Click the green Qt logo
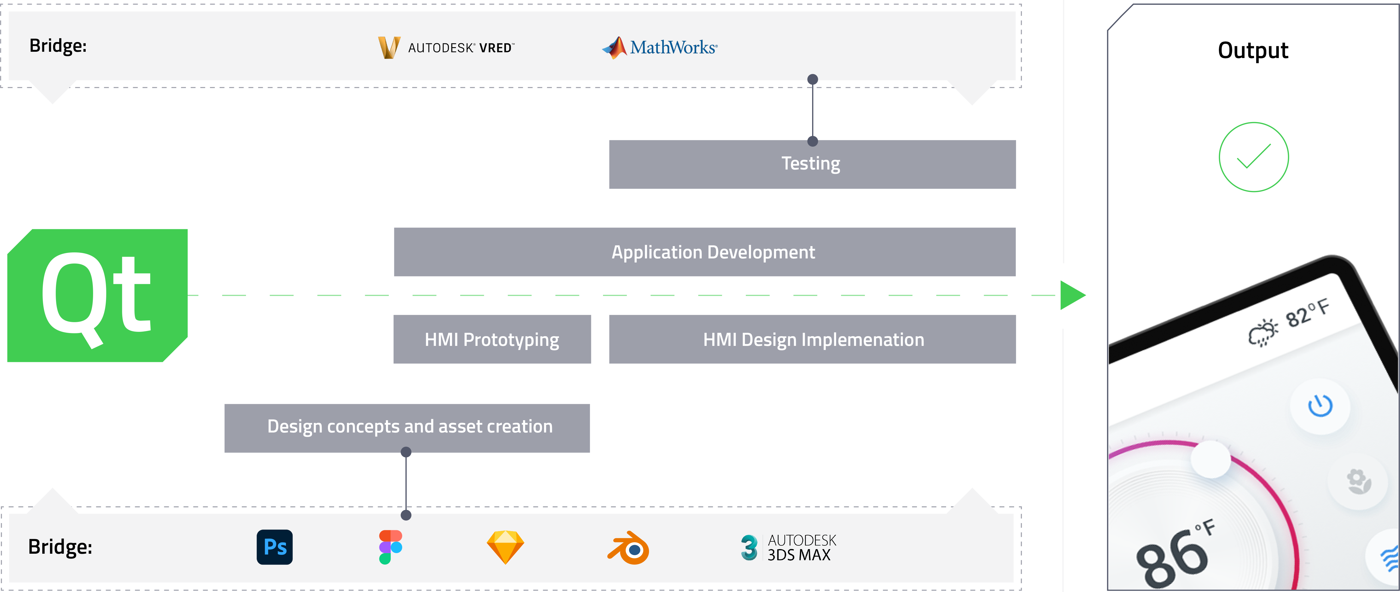point(97,295)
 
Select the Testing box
point(812,164)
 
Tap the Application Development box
point(704,252)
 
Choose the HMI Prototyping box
point(492,339)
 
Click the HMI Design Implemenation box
point(812,339)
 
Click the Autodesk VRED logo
point(446,48)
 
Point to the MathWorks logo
point(660,48)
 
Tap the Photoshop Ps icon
point(275,547)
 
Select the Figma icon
point(390,547)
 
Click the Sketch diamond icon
point(505,547)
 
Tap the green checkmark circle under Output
point(1253,157)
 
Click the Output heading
point(1253,51)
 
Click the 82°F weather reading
point(1307,314)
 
